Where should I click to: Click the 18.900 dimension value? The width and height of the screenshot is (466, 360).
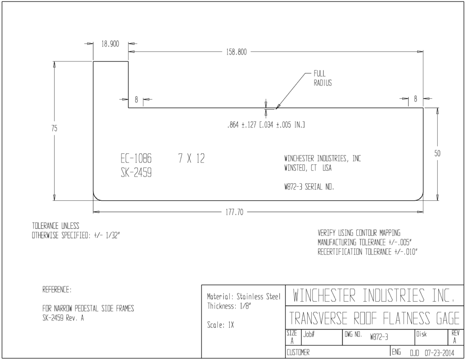(x=110, y=44)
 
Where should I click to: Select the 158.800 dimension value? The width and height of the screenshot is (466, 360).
(x=236, y=52)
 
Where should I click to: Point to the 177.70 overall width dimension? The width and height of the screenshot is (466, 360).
(x=234, y=212)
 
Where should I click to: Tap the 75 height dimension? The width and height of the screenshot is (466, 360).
(x=54, y=128)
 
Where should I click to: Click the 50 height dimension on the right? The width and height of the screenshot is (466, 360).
(x=437, y=153)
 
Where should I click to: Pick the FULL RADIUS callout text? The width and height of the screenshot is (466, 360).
(x=323, y=78)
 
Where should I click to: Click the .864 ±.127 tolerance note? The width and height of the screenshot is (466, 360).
(x=266, y=125)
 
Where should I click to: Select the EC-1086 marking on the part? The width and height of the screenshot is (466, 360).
(x=136, y=158)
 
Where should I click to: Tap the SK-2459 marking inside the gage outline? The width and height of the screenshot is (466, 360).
(x=136, y=172)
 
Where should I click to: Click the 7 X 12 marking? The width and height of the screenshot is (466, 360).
(x=192, y=158)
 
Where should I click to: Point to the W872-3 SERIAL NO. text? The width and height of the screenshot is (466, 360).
(x=309, y=187)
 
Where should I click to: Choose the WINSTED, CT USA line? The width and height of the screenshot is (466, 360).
(x=308, y=168)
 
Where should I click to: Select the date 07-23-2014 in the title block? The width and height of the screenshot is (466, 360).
(x=439, y=353)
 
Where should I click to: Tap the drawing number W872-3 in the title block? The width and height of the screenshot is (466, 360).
(x=379, y=337)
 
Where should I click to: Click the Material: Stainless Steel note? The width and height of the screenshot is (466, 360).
(x=244, y=297)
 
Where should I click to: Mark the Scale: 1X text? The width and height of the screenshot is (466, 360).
(x=221, y=325)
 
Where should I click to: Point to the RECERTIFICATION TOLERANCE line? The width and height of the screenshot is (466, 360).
(x=368, y=252)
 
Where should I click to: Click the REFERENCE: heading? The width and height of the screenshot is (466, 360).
(x=57, y=289)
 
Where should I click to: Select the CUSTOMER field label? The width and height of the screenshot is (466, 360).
(x=298, y=353)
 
